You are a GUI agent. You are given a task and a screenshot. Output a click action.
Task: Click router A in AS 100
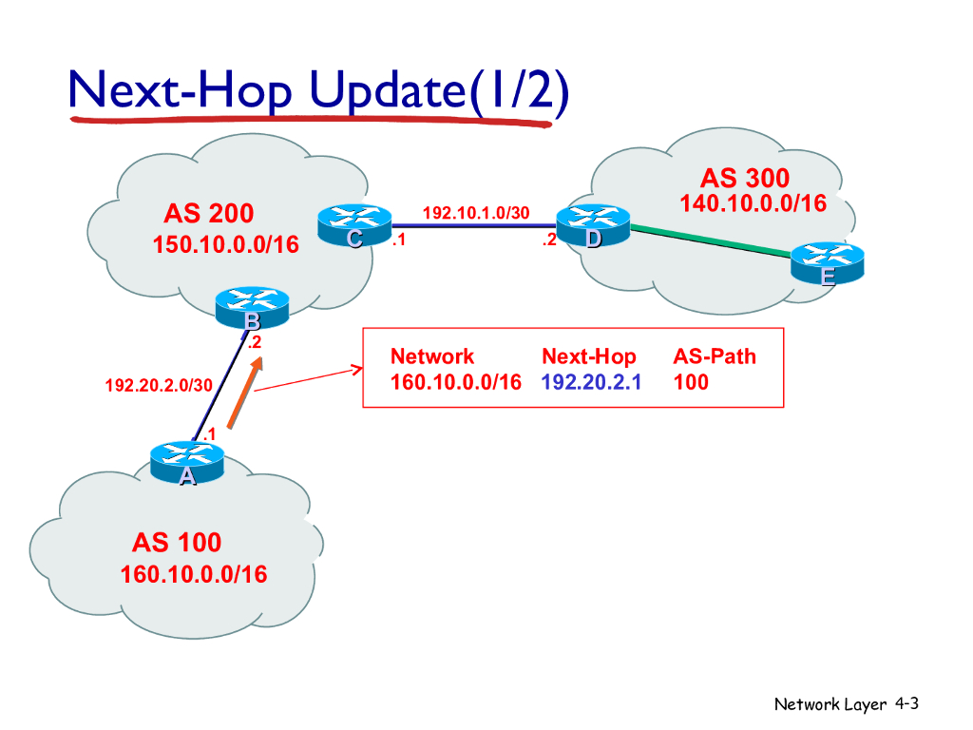point(187,464)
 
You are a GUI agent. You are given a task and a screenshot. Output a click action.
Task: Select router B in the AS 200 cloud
point(251,307)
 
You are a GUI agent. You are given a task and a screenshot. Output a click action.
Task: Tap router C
point(354,226)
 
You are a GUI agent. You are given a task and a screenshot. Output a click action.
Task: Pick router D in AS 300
point(592,226)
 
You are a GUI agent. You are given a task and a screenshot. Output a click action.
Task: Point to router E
point(828,261)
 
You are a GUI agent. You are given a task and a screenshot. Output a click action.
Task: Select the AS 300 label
point(745,179)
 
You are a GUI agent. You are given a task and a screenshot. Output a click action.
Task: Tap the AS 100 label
point(177,543)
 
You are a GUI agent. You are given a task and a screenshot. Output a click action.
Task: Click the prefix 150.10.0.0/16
point(225,245)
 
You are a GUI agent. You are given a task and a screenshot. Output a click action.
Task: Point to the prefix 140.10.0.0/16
point(753,203)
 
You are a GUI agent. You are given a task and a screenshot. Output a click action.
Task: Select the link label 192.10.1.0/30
point(475,212)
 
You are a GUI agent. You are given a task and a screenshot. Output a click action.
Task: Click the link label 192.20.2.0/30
point(159,385)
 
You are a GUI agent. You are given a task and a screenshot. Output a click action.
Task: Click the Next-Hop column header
point(588,356)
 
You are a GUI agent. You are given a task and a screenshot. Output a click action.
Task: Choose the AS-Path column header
point(715,356)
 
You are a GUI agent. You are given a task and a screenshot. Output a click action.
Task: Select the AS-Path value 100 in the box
point(691,382)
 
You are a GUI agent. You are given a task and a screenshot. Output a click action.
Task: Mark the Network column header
point(432,356)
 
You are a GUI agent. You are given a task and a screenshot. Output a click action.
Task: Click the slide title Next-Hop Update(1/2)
point(318,92)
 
